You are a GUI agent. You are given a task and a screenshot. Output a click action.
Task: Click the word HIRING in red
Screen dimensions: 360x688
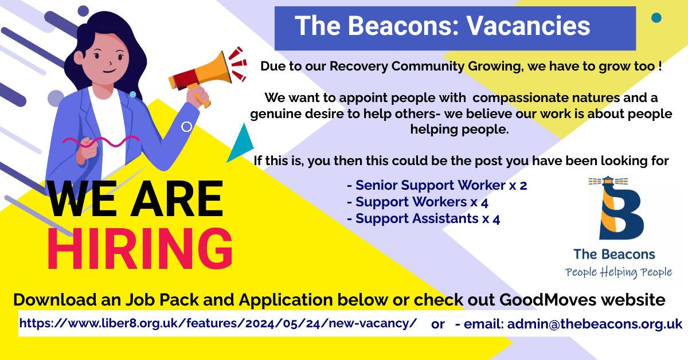[140, 248]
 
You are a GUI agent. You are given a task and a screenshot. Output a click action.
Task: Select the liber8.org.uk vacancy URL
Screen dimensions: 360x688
[218, 323]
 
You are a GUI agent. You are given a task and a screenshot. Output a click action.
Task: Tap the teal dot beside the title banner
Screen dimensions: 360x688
[656, 18]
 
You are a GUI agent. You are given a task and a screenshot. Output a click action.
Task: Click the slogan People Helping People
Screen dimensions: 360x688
[618, 272]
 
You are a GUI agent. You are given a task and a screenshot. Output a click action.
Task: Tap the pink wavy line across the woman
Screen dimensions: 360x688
[101, 141]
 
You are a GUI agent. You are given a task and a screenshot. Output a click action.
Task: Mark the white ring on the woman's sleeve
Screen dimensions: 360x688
[186, 127]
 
